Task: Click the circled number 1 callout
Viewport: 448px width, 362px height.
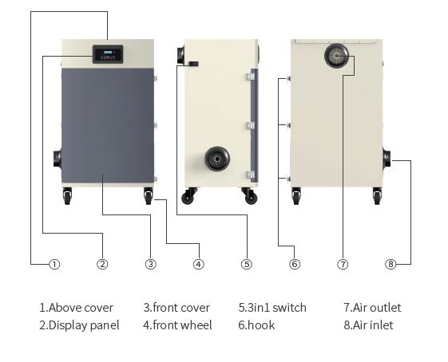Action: pyautogui.click(x=54, y=264)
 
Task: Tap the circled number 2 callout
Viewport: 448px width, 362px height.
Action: pyautogui.click(x=102, y=264)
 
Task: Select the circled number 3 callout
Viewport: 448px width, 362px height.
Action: pyautogui.click(x=150, y=264)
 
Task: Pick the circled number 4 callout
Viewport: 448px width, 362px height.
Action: pyautogui.click(x=198, y=264)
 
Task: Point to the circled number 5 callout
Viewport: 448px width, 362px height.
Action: pyautogui.click(x=247, y=264)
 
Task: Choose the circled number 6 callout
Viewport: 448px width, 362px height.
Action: pyautogui.click(x=295, y=264)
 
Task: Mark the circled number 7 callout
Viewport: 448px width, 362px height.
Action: pyautogui.click(x=343, y=264)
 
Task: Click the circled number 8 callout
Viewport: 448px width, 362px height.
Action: pyautogui.click(x=391, y=264)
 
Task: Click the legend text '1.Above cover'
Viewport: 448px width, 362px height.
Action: pyautogui.click(x=77, y=308)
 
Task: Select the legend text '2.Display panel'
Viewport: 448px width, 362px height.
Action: pyautogui.click(x=80, y=325)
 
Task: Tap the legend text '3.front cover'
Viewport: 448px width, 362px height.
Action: pyautogui.click(x=176, y=308)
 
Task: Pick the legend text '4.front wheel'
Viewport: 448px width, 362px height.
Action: pyautogui.click(x=177, y=325)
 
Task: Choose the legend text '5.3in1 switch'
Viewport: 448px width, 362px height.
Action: pyautogui.click(x=272, y=308)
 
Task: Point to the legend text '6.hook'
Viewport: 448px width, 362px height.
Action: pyautogui.click(x=256, y=325)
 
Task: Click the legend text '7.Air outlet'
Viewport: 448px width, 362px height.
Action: pyautogui.click(x=372, y=308)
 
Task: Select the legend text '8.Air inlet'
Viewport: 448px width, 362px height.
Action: pyautogui.click(x=368, y=325)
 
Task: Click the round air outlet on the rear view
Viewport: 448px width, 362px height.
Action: pyautogui.click(x=337, y=56)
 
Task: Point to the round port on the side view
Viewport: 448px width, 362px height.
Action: pyautogui.click(x=216, y=159)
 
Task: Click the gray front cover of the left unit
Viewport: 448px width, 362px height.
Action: pyautogui.click(x=108, y=124)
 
